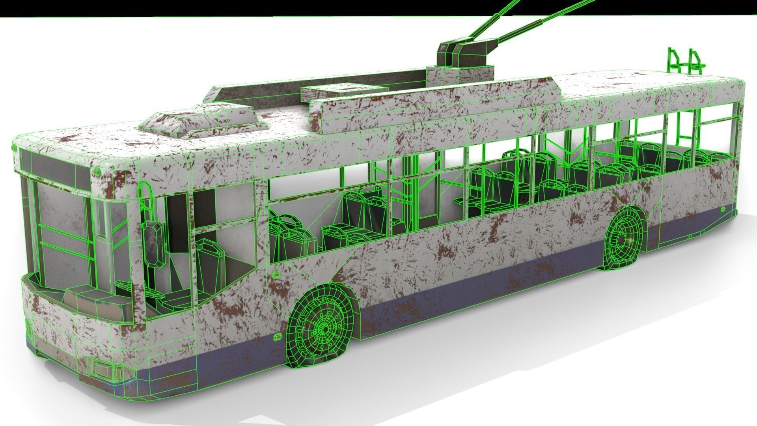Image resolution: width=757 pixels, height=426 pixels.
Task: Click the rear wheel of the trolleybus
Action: [x=624, y=239]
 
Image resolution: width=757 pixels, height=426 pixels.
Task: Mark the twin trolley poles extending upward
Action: [x=524, y=24]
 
